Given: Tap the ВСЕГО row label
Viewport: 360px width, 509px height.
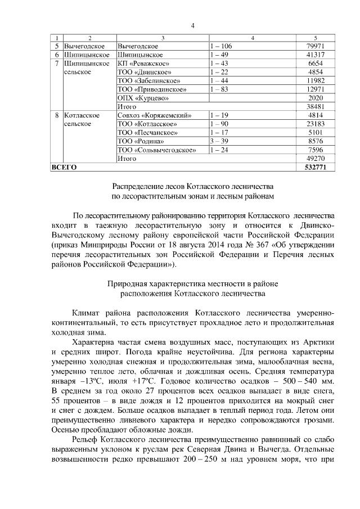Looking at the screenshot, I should point(64,168).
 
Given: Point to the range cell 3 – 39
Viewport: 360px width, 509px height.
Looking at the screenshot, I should point(219,141).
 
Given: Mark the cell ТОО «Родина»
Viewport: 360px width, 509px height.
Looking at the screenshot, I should point(141,141).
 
